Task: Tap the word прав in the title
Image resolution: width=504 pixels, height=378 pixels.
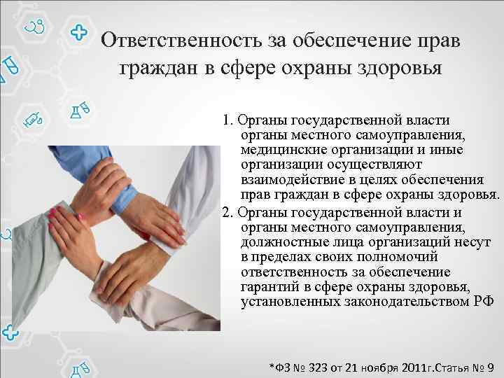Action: (430, 41)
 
